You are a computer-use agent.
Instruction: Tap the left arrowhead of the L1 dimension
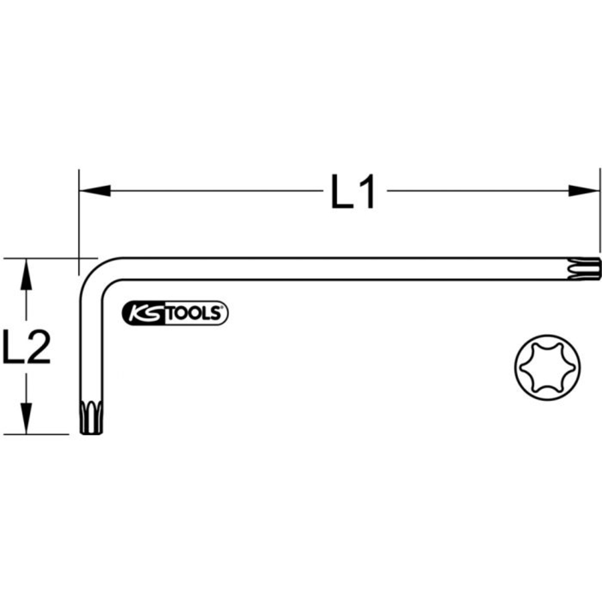pos(94,191)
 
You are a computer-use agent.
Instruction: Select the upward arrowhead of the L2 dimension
pos(25,274)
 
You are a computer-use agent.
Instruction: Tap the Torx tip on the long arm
pos(589,268)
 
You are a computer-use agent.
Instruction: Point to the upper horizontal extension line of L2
pos(42,259)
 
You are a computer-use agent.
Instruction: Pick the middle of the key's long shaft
pos(349,268)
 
